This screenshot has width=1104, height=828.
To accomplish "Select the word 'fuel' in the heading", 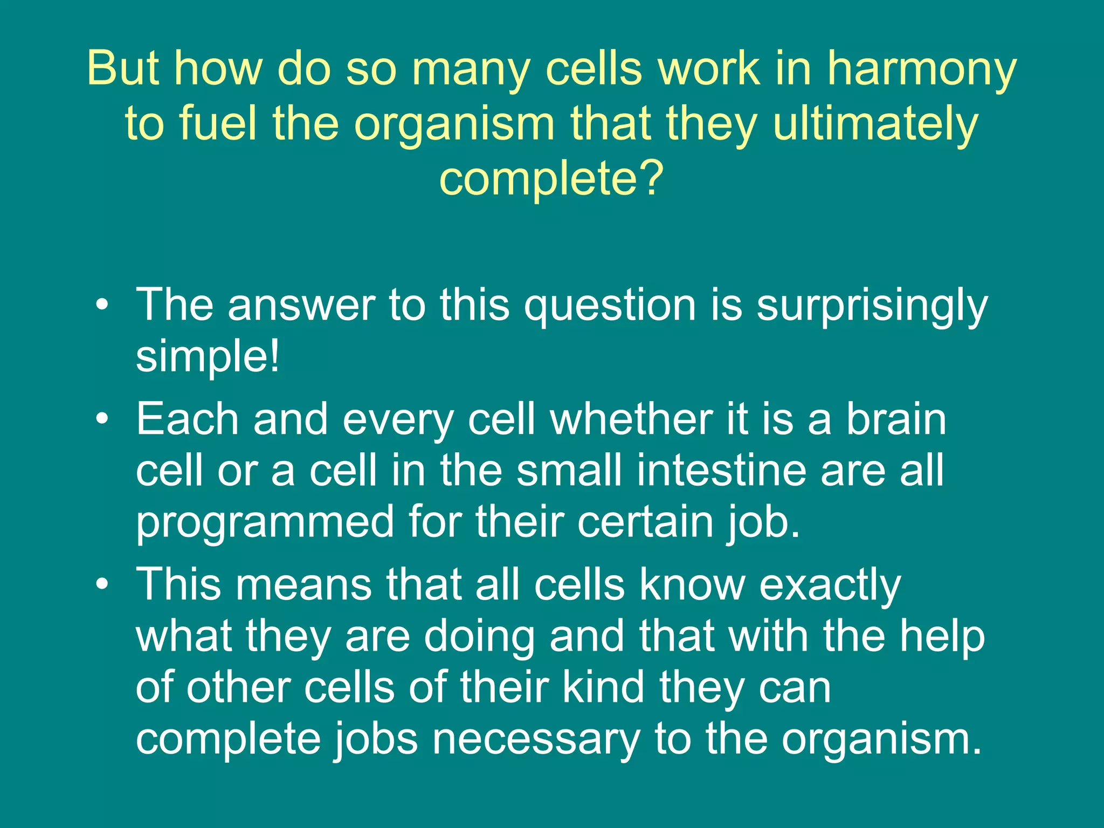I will (217, 123).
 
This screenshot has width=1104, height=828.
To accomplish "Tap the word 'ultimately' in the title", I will (875, 123).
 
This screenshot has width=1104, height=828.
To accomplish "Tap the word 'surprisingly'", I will (872, 306).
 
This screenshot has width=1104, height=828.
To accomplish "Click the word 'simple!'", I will (208, 356).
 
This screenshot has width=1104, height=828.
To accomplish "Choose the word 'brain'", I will (895, 419).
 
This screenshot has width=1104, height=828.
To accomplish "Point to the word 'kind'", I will (603, 687).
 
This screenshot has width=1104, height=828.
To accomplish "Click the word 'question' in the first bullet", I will (610, 306).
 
